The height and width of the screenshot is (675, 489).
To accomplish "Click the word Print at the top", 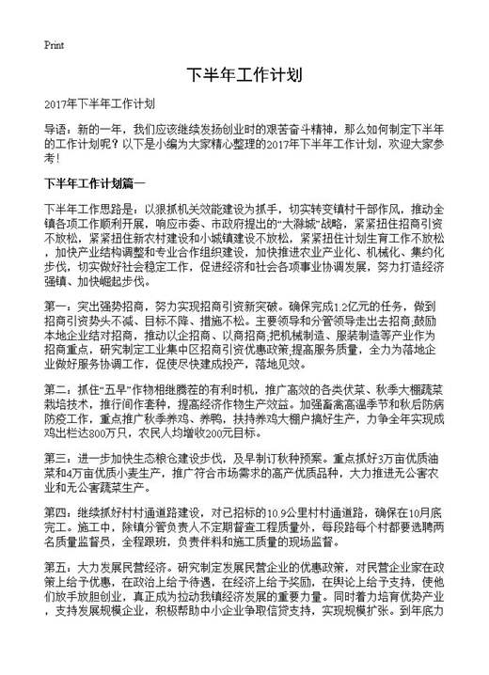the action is (x=54, y=44).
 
